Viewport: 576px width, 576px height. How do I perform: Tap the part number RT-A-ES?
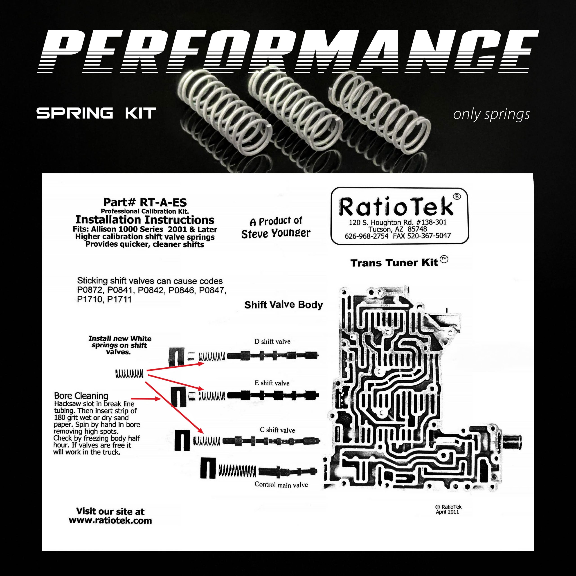coord(163,202)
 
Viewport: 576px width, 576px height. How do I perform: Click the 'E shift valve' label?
coord(272,383)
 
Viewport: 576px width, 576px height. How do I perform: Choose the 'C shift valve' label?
coord(277,430)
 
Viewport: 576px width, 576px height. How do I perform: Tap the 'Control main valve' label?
coord(281,485)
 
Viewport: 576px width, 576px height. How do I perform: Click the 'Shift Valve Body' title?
coord(283,305)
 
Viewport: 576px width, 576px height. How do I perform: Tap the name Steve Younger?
coord(276,234)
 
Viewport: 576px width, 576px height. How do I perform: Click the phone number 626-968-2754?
coord(366,236)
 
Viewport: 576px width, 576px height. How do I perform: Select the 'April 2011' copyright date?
coord(447,512)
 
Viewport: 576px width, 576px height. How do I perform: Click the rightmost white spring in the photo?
coord(380,112)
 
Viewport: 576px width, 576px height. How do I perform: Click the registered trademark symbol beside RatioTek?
coord(457,196)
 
